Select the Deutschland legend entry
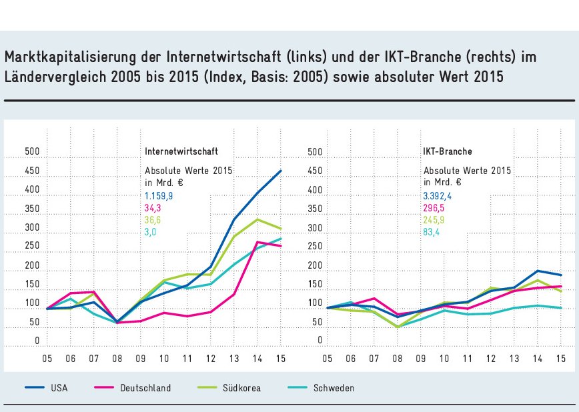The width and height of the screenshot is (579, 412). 145,388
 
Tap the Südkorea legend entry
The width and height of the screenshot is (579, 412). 242,388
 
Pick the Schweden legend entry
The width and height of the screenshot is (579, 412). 335,388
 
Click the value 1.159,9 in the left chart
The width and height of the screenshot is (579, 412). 159,196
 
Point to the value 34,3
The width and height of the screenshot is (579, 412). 153,208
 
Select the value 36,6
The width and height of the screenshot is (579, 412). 153,220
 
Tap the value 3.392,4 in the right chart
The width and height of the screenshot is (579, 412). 438,196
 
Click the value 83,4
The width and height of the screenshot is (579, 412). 432,232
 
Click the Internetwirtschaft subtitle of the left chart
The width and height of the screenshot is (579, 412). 181,152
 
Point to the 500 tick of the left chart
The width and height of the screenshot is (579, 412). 31,153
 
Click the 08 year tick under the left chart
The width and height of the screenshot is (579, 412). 117,359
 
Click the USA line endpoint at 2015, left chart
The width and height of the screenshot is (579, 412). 281,171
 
